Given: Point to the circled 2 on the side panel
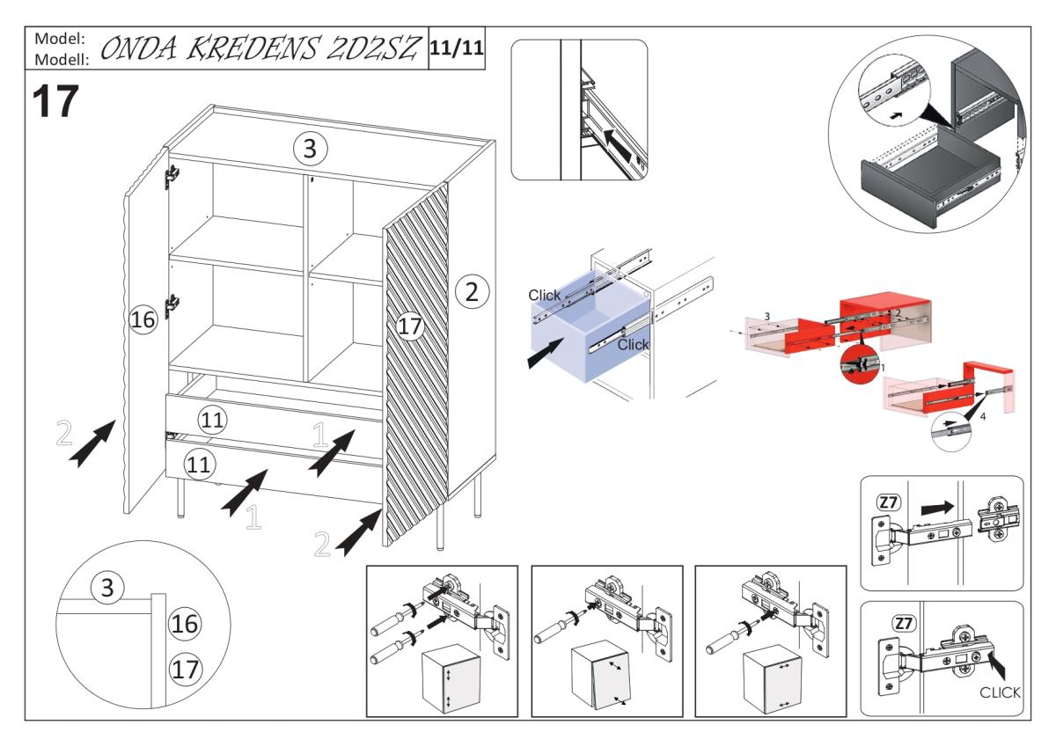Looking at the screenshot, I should point(472,291).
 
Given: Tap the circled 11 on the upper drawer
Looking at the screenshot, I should point(211,420).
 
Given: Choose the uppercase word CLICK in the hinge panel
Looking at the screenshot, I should point(1000,693).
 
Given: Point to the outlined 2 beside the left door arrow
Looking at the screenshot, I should point(63,435).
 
